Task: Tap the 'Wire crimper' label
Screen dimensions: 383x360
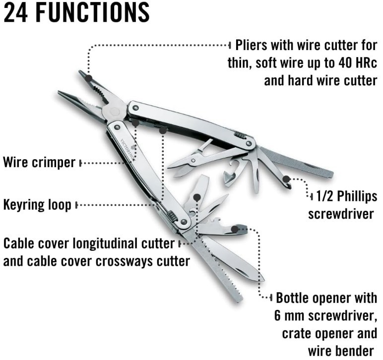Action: click(x=39, y=163)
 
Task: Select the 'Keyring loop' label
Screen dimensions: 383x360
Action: click(x=37, y=204)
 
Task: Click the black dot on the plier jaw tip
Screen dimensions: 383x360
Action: click(x=89, y=78)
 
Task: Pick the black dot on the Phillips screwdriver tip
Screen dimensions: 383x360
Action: click(x=286, y=179)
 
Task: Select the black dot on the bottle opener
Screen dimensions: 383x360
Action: click(x=235, y=229)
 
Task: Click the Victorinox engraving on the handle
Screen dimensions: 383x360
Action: click(x=128, y=149)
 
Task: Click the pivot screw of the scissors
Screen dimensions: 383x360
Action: click(x=193, y=160)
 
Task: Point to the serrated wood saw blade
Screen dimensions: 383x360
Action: click(x=214, y=268)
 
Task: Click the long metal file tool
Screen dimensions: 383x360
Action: click(x=297, y=163)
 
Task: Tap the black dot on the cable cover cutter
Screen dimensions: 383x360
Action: click(x=197, y=197)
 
